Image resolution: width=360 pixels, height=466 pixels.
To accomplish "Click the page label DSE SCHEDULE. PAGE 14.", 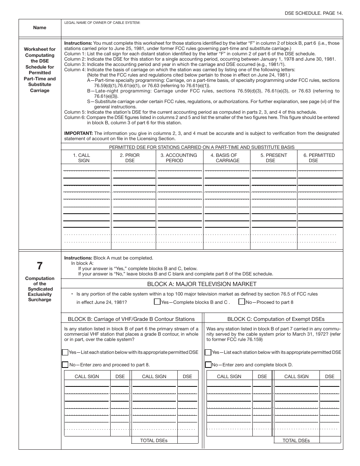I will pyautogui.click(x=314, y=13).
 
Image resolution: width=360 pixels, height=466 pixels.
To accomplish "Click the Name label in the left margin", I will pyautogui.click(x=39, y=28).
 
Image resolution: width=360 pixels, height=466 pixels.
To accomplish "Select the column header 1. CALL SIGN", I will pyautogui.click(x=84, y=158).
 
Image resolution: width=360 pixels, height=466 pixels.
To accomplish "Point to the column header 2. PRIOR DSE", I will pyautogui.click(x=130, y=158).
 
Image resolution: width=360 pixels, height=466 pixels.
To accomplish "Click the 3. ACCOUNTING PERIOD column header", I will pyautogui.click(x=178, y=158).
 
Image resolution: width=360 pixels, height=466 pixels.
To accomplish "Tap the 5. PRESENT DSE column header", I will pyautogui.click(x=274, y=158).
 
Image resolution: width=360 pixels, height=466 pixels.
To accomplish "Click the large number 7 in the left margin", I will pyautogui.click(x=39, y=266).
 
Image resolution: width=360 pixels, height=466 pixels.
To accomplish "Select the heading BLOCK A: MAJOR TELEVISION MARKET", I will pyautogui.click(x=202, y=284).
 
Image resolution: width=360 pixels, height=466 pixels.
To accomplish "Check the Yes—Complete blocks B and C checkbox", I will pyautogui.click(x=157, y=302).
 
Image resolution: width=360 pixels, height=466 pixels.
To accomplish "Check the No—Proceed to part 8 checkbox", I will pyautogui.click(x=242, y=302).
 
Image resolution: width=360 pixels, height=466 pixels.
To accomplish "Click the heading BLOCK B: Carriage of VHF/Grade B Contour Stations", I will pyautogui.click(x=131, y=319).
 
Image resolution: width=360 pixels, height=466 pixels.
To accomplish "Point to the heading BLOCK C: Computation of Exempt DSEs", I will pyautogui.click(x=276, y=319).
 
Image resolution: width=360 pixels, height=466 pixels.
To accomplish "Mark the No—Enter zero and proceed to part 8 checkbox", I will pyautogui.click(x=65, y=365).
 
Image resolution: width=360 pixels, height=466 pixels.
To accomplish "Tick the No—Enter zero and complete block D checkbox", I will pyautogui.click(x=208, y=365).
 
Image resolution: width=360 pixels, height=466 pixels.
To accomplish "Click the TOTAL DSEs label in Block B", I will pyautogui.click(x=153, y=441).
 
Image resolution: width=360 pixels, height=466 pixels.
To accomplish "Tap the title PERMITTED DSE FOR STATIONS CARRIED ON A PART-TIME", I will pyautogui.click(x=202, y=147).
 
